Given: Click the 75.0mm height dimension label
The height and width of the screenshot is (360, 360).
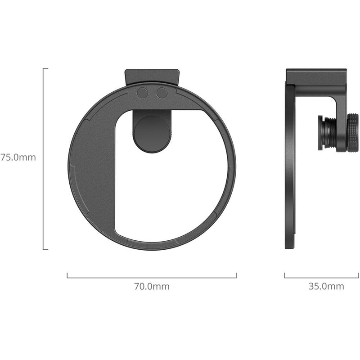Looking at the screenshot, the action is tap(18, 157).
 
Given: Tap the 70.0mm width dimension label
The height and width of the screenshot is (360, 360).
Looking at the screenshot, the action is tap(152, 286).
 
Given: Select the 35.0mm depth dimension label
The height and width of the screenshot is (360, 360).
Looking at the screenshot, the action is tap(326, 286).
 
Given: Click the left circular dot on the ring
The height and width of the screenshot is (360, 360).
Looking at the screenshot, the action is tap(142, 93).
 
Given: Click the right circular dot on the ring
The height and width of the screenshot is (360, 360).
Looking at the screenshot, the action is tap(162, 93).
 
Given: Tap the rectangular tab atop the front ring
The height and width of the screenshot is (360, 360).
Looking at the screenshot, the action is tap(152, 76).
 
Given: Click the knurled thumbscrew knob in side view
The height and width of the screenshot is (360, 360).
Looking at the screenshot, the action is tap(352, 133).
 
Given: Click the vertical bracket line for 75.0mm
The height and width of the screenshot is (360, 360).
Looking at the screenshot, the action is tap(43, 159).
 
